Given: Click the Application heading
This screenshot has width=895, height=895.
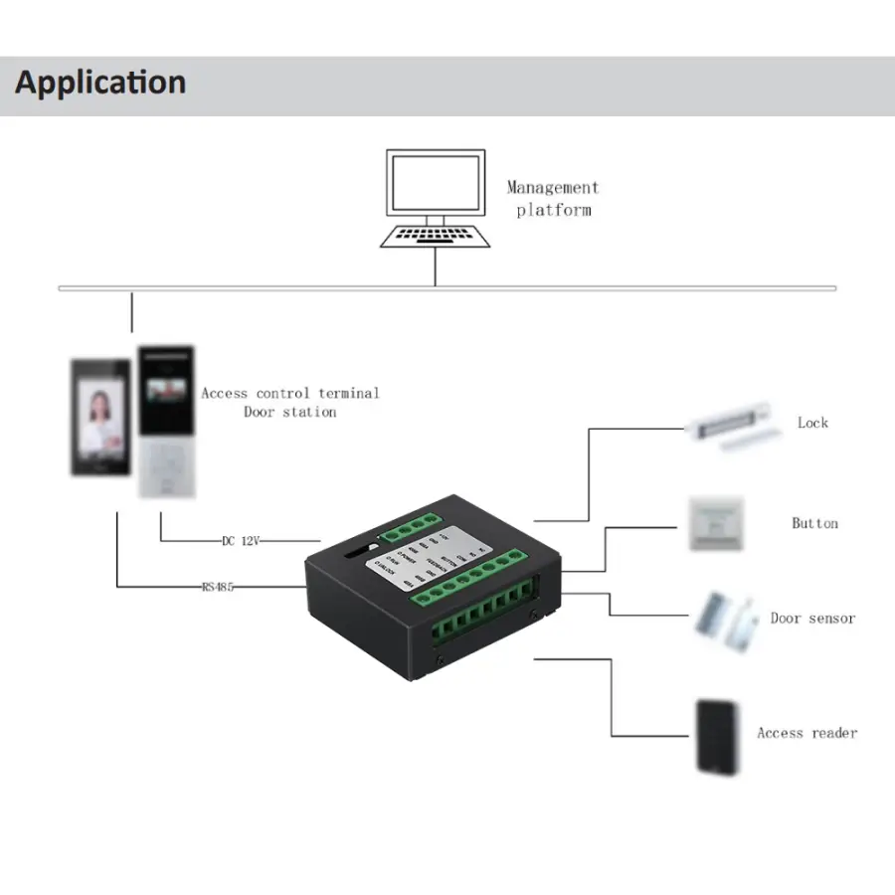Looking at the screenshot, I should pos(100,83).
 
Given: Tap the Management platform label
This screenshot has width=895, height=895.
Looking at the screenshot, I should pos(553,198).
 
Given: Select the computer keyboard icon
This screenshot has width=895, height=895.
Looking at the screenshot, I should pos(436,236).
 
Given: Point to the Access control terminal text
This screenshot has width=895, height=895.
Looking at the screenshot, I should pos(290,393).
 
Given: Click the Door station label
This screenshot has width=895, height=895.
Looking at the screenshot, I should pos(290,412).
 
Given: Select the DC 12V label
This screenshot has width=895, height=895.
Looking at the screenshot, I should pos(240,541).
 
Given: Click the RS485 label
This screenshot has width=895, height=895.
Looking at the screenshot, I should pos(217,587).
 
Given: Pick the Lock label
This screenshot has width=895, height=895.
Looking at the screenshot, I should pos(812,423).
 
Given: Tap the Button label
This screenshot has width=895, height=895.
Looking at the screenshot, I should pos(814,523).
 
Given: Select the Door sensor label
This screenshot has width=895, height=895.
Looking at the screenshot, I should pos(812,618).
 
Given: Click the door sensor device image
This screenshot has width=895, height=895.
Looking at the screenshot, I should pos(721,620).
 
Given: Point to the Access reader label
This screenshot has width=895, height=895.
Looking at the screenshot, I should pos(806,733).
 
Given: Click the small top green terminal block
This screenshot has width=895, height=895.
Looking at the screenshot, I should pos(418,526).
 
